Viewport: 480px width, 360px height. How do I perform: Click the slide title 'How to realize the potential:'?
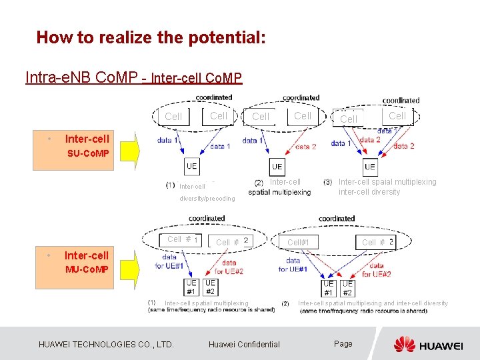(x=151, y=37)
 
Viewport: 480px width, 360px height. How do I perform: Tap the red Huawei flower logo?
(x=404, y=344)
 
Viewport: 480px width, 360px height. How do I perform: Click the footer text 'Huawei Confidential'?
(x=244, y=344)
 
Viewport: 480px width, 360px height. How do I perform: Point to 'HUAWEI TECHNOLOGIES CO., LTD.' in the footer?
(x=107, y=344)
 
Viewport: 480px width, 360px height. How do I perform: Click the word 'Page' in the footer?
(x=343, y=343)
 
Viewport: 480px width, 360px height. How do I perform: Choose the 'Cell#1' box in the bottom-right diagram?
(x=298, y=242)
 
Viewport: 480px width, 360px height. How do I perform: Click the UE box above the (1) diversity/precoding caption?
(x=192, y=166)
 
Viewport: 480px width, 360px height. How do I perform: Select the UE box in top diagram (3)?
(x=370, y=167)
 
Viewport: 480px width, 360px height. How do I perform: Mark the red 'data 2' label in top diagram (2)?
(x=305, y=147)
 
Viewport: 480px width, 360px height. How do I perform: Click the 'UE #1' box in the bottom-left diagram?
(x=191, y=287)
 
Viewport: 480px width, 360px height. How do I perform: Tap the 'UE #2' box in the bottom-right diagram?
(x=347, y=288)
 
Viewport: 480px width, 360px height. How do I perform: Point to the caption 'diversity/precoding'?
(x=207, y=198)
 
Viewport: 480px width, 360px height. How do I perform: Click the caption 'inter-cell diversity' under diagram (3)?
(x=369, y=192)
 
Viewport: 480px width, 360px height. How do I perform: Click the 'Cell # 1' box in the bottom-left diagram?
(x=181, y=239)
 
